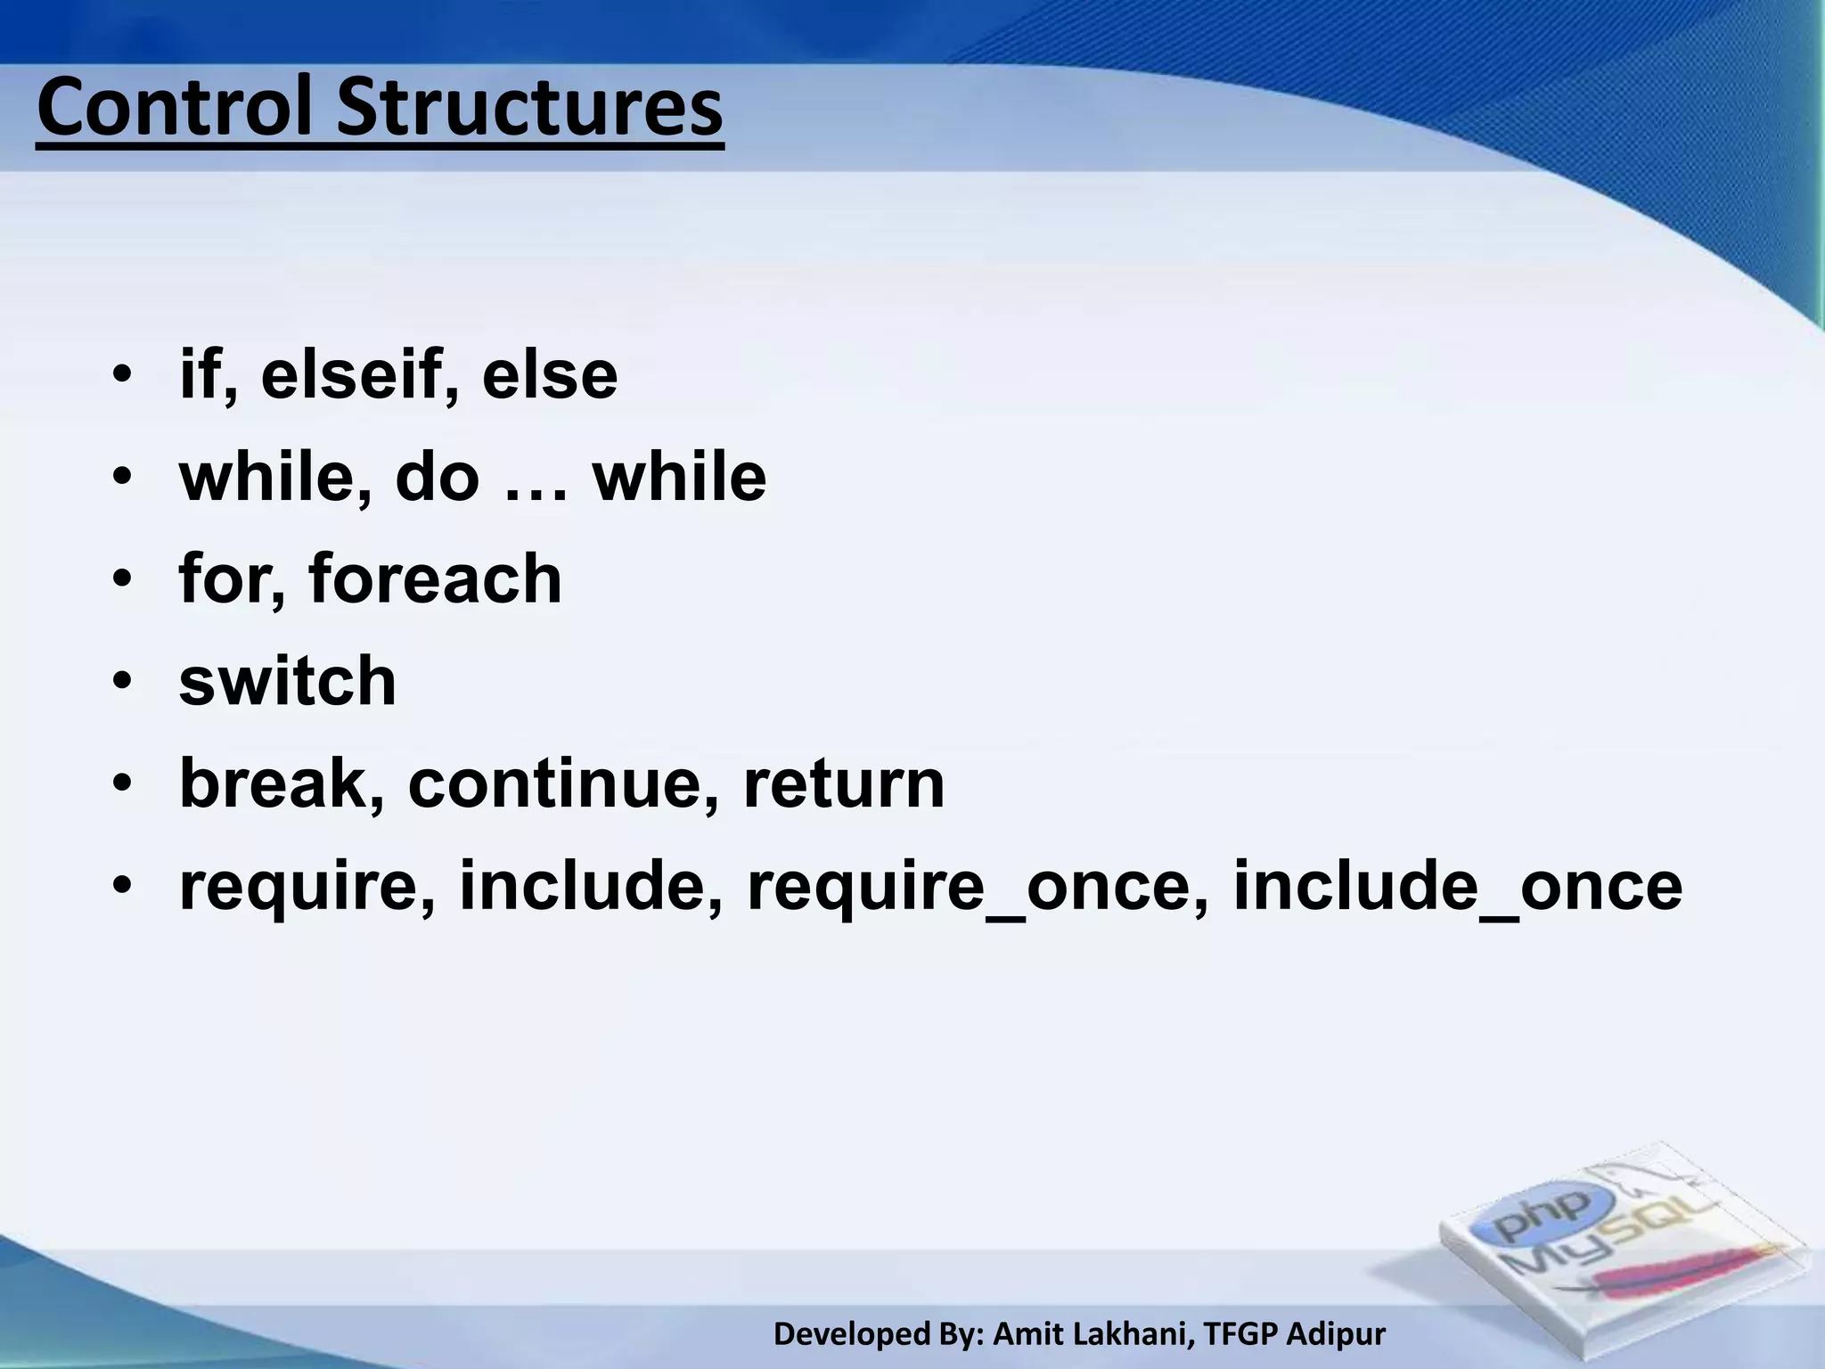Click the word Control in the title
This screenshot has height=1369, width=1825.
tap(178, 109)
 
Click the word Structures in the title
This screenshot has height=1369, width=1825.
tap(529, 109)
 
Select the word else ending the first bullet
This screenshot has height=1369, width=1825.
tap(550, 375)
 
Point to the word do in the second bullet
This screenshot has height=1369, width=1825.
tap(437, 478)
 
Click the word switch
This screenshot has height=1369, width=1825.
tap(287, 682)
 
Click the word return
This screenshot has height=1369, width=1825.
tap(843, 785)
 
